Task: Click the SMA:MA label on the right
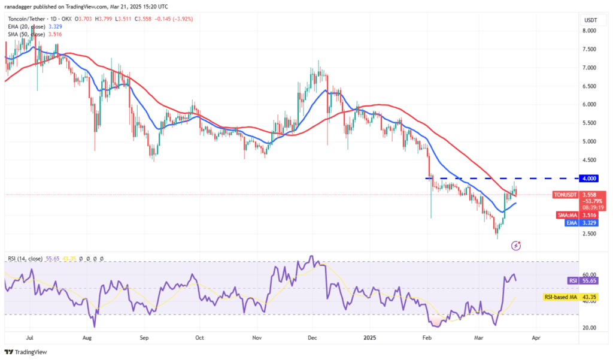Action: pos(565,214)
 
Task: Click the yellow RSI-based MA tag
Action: pos(563,297)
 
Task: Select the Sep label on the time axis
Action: pos(144,338)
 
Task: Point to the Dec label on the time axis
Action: pos(312,338)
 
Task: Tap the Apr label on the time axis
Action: pos(536,338)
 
